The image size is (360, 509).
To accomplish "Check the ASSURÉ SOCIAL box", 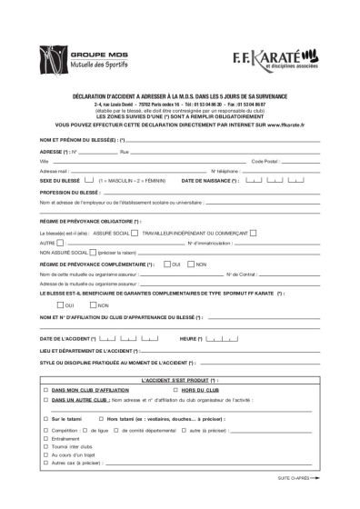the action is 134,232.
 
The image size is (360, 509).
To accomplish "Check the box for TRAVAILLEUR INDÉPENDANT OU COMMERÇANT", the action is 252,232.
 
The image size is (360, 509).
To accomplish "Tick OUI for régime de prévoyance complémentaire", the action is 167,264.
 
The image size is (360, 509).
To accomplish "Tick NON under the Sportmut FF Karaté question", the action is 93,304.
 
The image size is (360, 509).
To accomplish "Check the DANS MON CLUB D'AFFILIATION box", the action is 45,389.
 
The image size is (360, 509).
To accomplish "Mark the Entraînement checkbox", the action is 45,437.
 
